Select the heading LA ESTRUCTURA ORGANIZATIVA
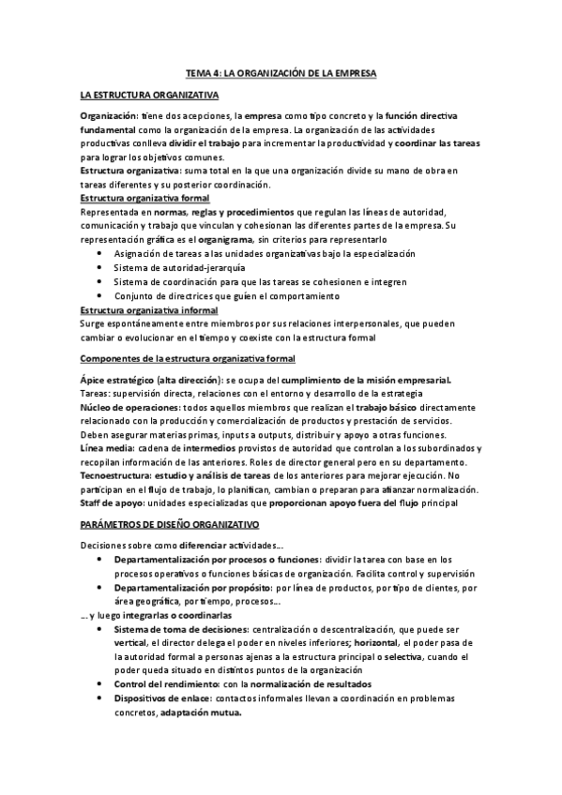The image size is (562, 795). tap(149, 95)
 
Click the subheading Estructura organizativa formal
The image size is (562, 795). tap(145, 200)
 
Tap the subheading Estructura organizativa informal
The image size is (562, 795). tap(150, 309)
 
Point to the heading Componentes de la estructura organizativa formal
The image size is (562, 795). tap(188, 358)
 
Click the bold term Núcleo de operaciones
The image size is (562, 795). tap(125, 408)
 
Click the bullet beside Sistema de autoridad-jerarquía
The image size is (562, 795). tap(101, 268)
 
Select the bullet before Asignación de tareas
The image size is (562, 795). tap(101, 254)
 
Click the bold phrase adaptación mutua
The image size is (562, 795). tap(201, 712)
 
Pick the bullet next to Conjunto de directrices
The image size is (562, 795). tap(101, 296)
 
